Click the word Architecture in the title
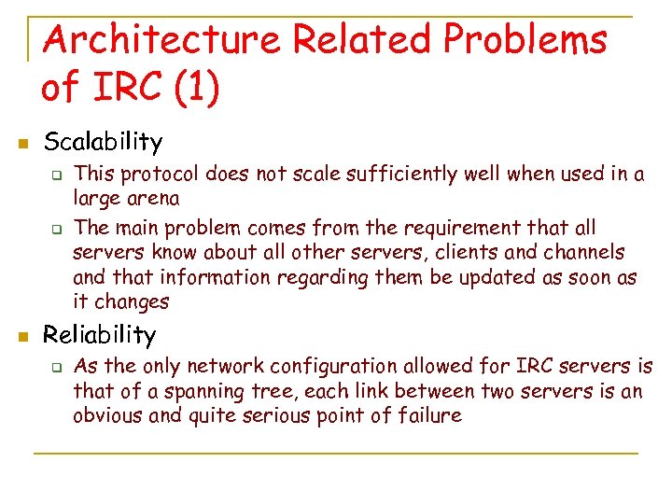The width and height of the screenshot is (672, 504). point(162,40)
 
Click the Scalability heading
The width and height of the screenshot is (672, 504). point(103,142)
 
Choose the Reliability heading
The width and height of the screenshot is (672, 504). point(100,334)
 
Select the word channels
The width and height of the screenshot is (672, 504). point(579,253)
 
